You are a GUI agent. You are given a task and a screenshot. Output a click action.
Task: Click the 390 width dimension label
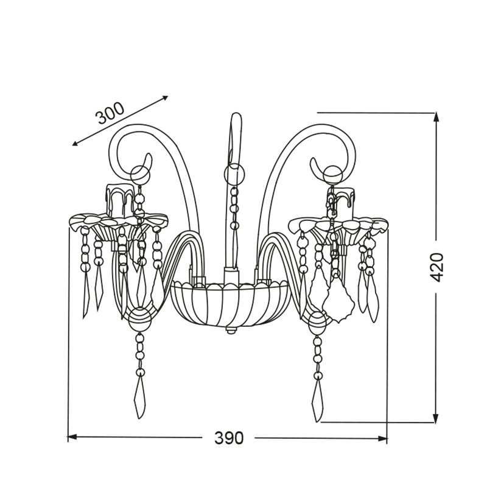tap(229, 438)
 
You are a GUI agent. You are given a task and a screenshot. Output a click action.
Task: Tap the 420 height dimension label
tap(437, 268)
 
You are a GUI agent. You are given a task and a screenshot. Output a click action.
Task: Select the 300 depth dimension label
tap(110, 113)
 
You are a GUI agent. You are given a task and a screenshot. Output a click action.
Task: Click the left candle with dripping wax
tap(120, 201)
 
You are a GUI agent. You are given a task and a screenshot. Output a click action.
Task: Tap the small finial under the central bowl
tap(230, 330)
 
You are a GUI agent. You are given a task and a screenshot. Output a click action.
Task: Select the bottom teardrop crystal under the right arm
tap(317, 401)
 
